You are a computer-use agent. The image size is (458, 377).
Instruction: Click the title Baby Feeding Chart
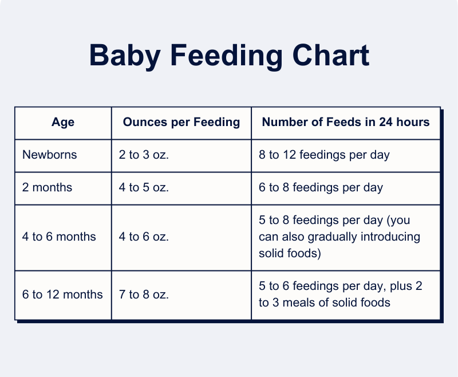point(229,56)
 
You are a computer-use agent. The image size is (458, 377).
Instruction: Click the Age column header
point(63,123)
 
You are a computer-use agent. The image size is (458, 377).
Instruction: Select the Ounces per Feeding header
point(181,123)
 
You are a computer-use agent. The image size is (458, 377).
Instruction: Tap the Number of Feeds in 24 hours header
point(346,123)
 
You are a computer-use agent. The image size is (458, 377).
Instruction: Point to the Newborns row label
point(49,155)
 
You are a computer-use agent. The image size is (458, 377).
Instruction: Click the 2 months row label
point(47,187)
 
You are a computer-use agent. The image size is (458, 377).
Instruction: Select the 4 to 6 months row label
point(59,237)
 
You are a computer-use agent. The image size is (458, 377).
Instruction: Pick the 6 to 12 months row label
point(62,294)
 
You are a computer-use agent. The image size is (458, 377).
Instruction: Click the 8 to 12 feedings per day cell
point(324,155)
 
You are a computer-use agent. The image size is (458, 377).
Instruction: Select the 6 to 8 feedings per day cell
point(321,187)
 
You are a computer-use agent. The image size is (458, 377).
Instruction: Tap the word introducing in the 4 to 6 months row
point(392,237)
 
